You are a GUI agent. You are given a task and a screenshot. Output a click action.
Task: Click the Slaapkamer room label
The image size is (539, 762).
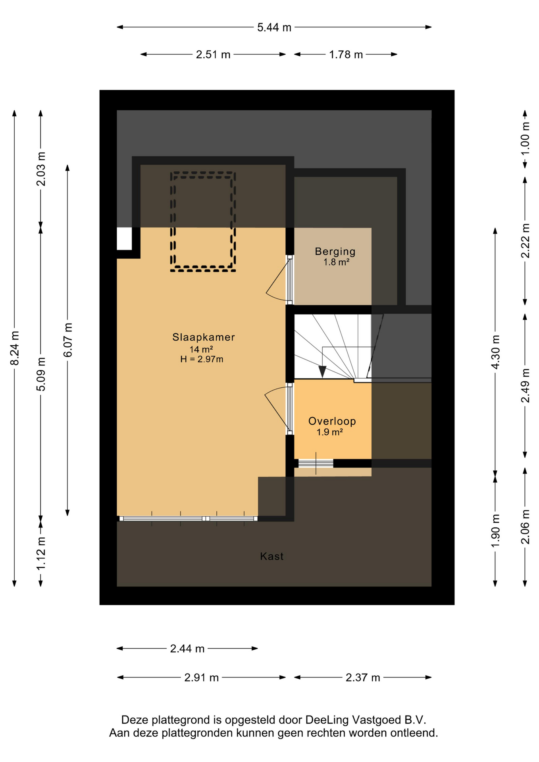point(203,337)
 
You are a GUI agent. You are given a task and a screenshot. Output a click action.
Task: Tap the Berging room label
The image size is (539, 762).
point(335,251)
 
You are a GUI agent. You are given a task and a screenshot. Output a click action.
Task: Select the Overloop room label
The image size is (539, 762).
point(332,421)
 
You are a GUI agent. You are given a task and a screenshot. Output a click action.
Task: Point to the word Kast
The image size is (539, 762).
point(272,556)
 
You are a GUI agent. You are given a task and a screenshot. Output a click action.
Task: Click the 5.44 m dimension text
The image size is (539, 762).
point(274,27)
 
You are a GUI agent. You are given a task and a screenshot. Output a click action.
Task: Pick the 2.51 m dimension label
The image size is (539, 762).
point(213,54)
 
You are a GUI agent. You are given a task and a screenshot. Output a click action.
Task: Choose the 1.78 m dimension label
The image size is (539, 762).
point(346,54)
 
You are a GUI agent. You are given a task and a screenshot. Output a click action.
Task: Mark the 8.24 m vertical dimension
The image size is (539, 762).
point(14,348)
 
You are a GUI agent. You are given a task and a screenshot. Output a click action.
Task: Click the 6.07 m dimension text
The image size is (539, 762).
point(68,340)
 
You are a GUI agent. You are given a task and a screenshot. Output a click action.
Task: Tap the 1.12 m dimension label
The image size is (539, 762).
point(41,553)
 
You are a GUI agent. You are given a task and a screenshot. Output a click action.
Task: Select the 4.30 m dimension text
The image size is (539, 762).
point(495,352)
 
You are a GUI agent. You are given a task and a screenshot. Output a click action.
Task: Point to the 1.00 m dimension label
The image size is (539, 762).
point(525,139)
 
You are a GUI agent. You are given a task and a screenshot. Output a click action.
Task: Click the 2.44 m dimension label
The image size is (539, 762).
point(187,648)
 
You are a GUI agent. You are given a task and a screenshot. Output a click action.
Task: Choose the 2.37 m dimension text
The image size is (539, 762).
point(363,677)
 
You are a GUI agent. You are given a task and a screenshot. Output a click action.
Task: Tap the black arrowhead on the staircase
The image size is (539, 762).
point(322,372)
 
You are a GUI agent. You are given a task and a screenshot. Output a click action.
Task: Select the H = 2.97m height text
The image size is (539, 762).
point(202,360)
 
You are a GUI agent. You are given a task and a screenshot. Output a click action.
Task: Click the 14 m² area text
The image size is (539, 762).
point(201,349)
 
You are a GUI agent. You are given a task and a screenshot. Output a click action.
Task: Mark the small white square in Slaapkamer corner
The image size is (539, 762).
point(124,239)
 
